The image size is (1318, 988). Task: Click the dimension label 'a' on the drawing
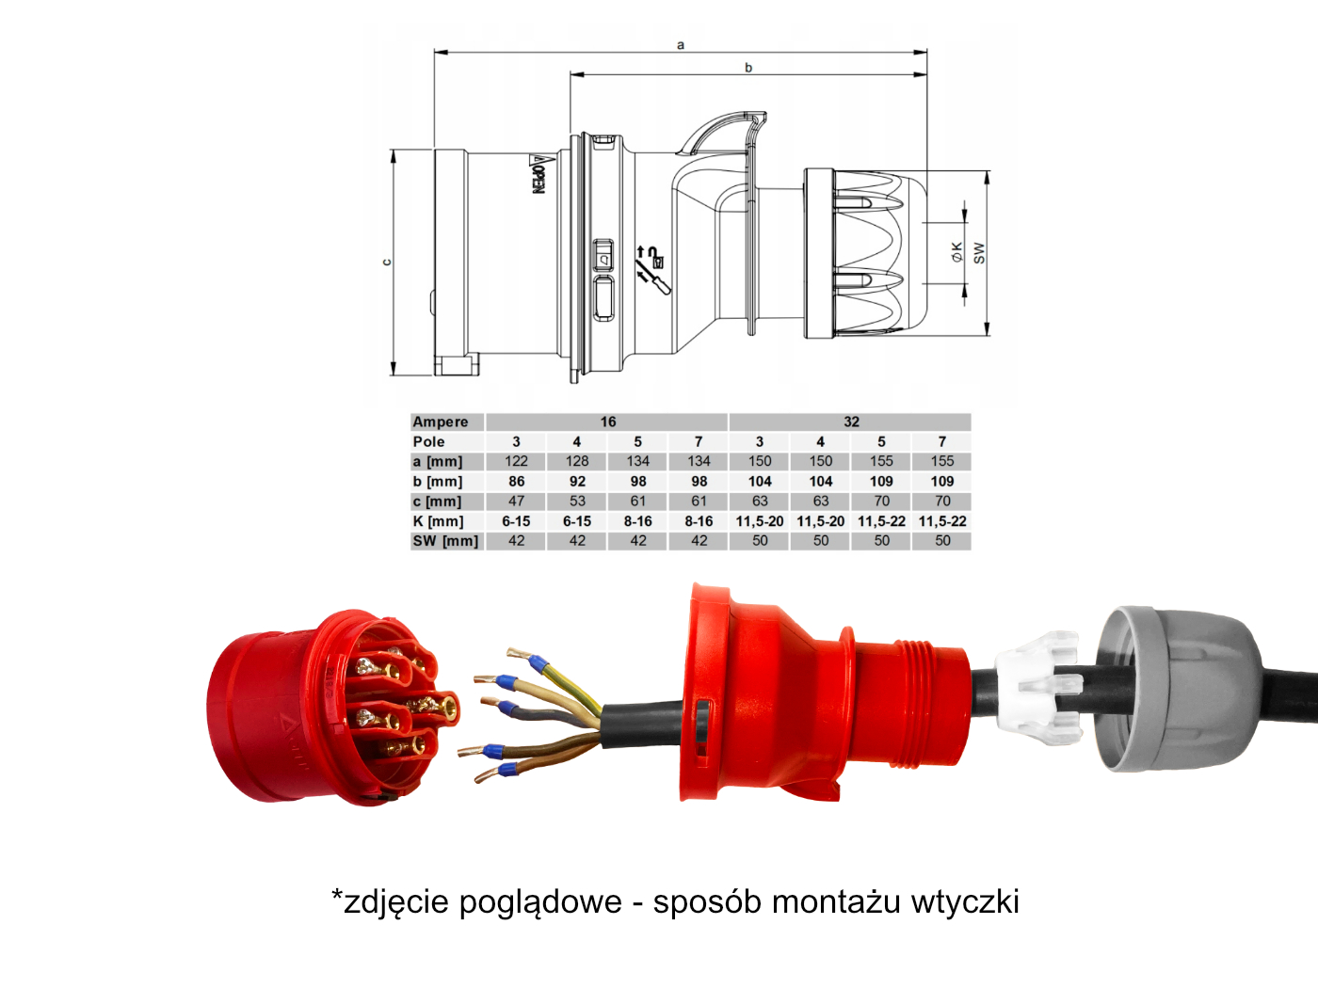[681, 45]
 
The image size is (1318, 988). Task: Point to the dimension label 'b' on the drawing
[748, 67]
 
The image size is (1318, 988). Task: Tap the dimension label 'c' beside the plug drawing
[387, 263]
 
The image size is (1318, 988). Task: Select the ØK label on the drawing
[957, 252]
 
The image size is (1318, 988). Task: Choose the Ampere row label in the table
[441, 422]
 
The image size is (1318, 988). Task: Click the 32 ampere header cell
[851, 422]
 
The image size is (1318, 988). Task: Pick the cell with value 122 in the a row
[516, 461]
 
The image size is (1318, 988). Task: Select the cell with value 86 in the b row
[516, 481]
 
